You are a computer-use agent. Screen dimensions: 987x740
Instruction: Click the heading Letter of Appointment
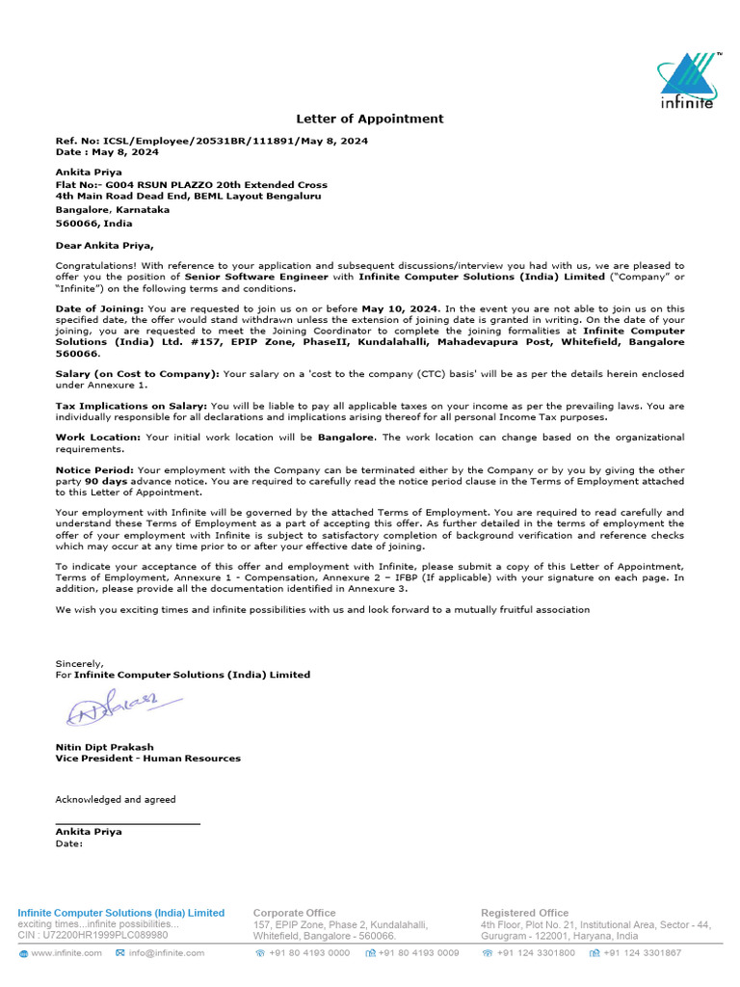369,119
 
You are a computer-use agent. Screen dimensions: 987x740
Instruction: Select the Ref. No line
211,141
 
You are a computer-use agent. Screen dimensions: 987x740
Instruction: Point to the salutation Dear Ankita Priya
104,245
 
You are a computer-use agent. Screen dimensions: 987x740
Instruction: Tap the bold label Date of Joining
99,308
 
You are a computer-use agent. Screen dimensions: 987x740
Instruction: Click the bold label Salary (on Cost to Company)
137,373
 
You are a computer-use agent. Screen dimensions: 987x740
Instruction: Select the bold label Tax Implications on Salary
130,406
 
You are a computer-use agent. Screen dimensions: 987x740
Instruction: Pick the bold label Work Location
97,438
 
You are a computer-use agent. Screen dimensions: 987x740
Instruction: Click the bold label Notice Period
94,469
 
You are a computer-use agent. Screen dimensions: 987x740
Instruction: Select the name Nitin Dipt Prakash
104,747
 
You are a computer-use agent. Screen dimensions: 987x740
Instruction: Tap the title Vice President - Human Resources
147,759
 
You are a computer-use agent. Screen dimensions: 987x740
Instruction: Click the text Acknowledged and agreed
116,799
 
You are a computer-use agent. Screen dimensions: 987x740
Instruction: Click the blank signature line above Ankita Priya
127,823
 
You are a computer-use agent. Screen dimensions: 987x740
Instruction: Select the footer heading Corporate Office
294,913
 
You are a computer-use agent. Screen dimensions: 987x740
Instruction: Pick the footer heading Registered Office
524,913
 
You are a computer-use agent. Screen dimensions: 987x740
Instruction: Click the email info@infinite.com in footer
166,953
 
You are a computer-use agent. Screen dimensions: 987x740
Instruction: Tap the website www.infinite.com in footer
66,953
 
